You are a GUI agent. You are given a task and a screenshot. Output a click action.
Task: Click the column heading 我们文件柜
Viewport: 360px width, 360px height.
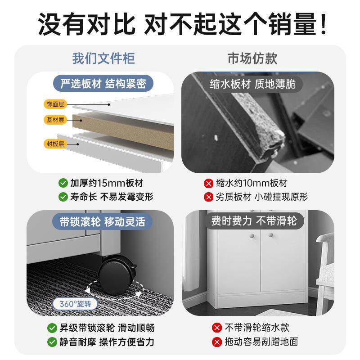coord(103,58)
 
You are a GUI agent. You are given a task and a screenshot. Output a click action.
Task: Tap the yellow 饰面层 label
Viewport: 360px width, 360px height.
coord(55,104)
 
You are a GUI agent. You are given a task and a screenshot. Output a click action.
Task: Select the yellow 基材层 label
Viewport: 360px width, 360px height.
coord(55,120)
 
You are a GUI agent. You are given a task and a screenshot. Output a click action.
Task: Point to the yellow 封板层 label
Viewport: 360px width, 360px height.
coord(55,144)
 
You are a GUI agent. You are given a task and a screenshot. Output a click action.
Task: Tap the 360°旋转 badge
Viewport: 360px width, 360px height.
coord(75,304)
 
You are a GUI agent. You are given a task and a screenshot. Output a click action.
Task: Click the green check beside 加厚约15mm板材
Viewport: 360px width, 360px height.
coord(63,183)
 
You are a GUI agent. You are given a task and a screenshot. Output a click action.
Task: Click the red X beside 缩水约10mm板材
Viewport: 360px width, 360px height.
coord(208,183)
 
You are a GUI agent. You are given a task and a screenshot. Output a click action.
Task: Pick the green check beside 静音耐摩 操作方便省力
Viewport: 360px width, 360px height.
coord(52,342)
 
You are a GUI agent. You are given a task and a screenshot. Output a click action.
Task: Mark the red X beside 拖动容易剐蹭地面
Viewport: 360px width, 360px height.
coord(217,342)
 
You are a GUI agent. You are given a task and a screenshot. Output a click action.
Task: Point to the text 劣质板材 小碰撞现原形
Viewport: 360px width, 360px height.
coord(262,197)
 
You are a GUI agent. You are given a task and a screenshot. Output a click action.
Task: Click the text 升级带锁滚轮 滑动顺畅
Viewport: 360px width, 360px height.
coord(107,328)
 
